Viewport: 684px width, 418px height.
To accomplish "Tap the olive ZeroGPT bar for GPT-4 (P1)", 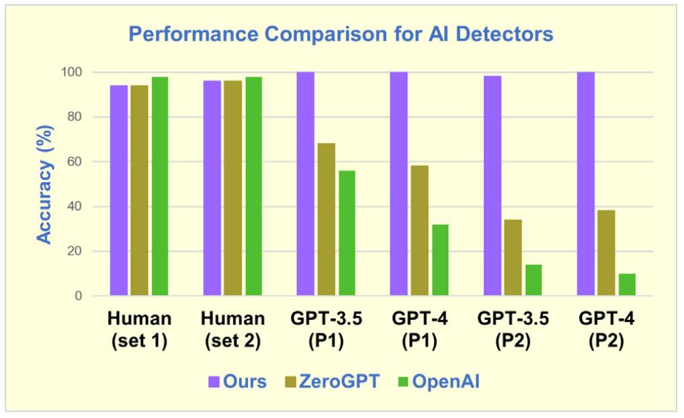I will pyautogui.click(x=419, y=231).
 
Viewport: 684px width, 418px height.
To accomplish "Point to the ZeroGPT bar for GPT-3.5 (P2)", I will pyautogui.click(x=513, y=257).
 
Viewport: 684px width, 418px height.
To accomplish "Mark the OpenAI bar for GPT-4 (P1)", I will pyautogui.click(x=440, y=260).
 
